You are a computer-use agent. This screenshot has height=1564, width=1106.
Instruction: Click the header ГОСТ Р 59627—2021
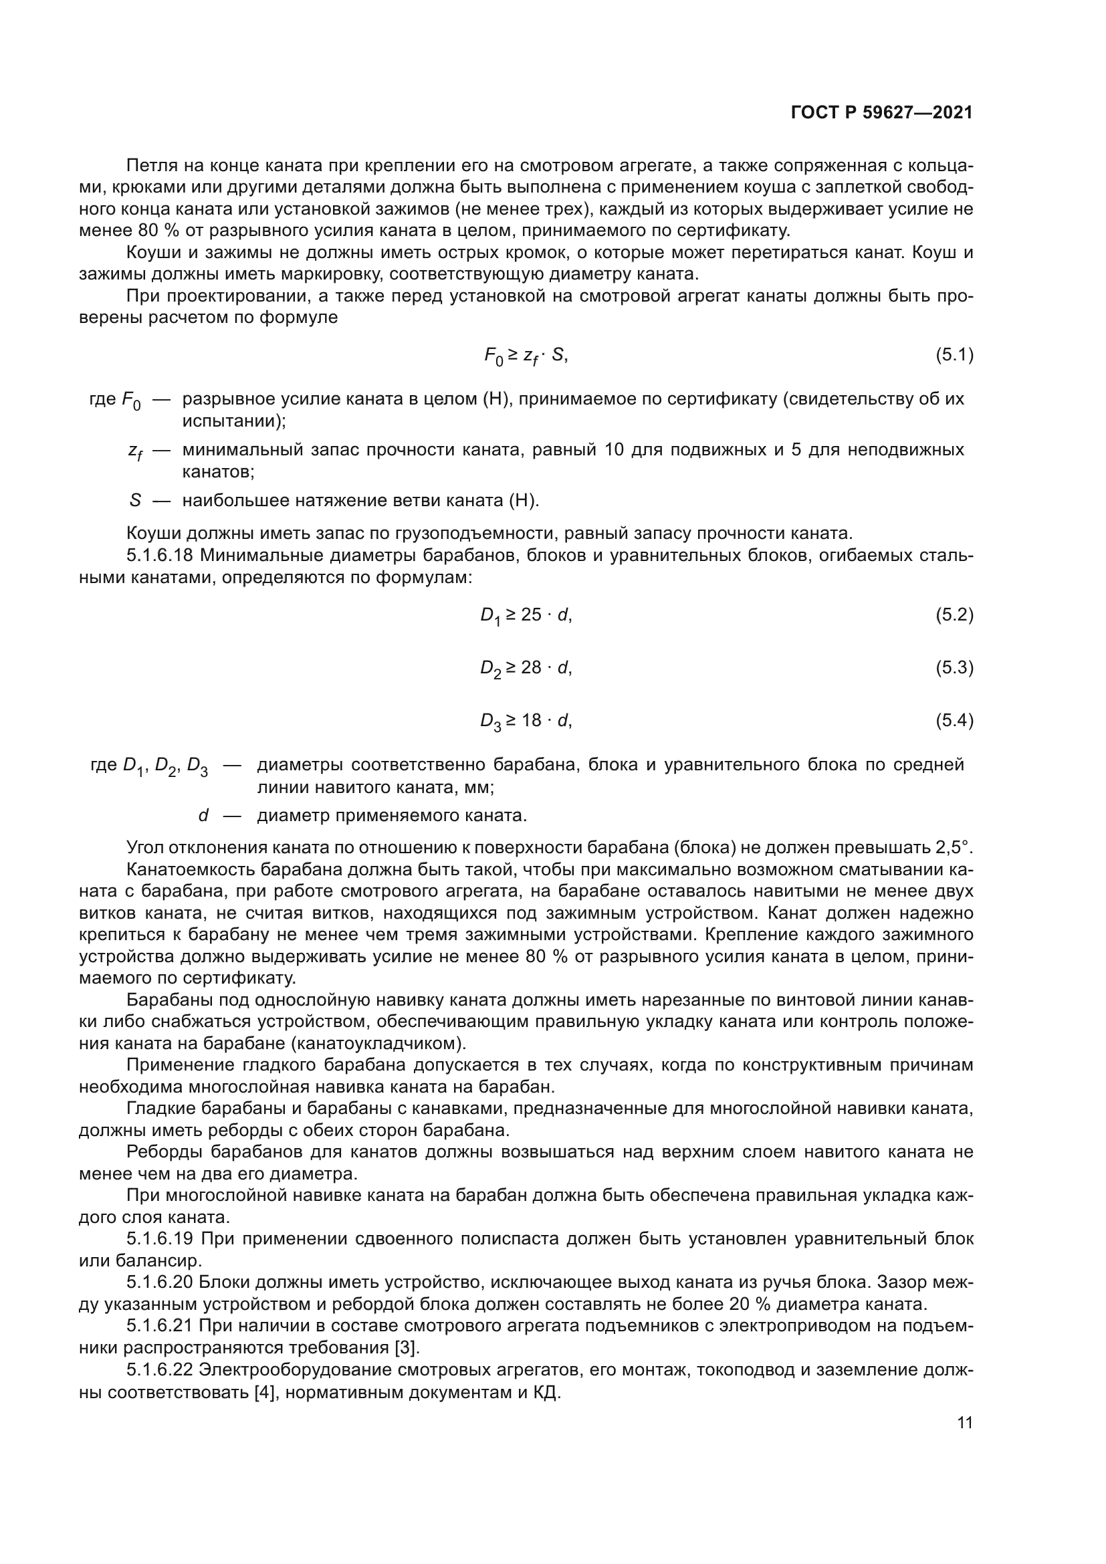coord(881,113)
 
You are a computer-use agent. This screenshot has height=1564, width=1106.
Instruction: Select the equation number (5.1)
coord(954,354)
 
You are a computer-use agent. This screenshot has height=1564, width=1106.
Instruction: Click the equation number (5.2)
coord(954,615)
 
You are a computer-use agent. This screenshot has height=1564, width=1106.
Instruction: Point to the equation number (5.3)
coord(954,667)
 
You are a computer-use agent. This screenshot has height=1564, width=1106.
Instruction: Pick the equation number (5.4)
coord(954,720)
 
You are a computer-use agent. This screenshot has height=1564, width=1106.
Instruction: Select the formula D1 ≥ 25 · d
coord(526,615)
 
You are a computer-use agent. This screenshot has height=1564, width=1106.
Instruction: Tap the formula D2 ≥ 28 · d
coord(526,667)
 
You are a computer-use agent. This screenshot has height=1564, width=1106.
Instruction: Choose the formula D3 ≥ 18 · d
coord(526,721)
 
